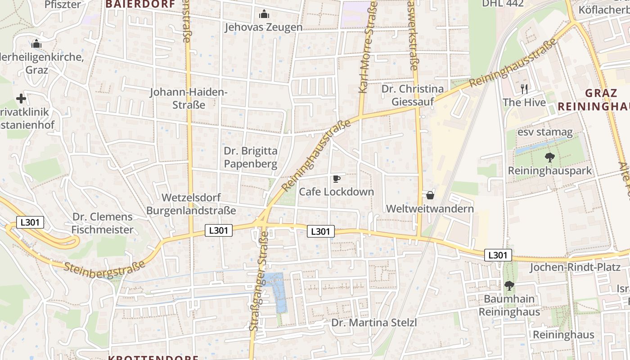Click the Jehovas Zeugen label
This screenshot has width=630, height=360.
coord(263,27)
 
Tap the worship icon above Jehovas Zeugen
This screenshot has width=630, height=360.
coord(264,14)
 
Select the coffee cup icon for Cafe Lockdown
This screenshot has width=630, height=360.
coord(336,179)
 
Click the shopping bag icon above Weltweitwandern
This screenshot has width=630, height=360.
coord(430,195)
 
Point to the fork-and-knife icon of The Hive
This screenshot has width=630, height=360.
coord(524,89)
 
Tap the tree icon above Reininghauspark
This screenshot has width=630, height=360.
coord(549,157)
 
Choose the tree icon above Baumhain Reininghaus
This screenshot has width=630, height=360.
coord(509,285)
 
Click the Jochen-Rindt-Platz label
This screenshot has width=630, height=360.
coord(575,267)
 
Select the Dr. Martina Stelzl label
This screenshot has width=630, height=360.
coord(374,323)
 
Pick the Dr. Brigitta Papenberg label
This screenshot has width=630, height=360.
coord(251,157)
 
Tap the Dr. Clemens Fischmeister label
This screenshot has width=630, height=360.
coord(103,223)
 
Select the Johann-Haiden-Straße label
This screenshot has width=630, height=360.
coord(189,99)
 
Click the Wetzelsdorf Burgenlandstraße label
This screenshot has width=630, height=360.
coord(191,204)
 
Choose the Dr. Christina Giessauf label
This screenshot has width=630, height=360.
coord(413,95)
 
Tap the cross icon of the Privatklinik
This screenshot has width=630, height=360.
coord(21,99)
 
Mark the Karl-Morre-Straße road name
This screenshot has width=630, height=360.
coord(368,47)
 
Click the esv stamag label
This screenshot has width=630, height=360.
coord(545,132)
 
